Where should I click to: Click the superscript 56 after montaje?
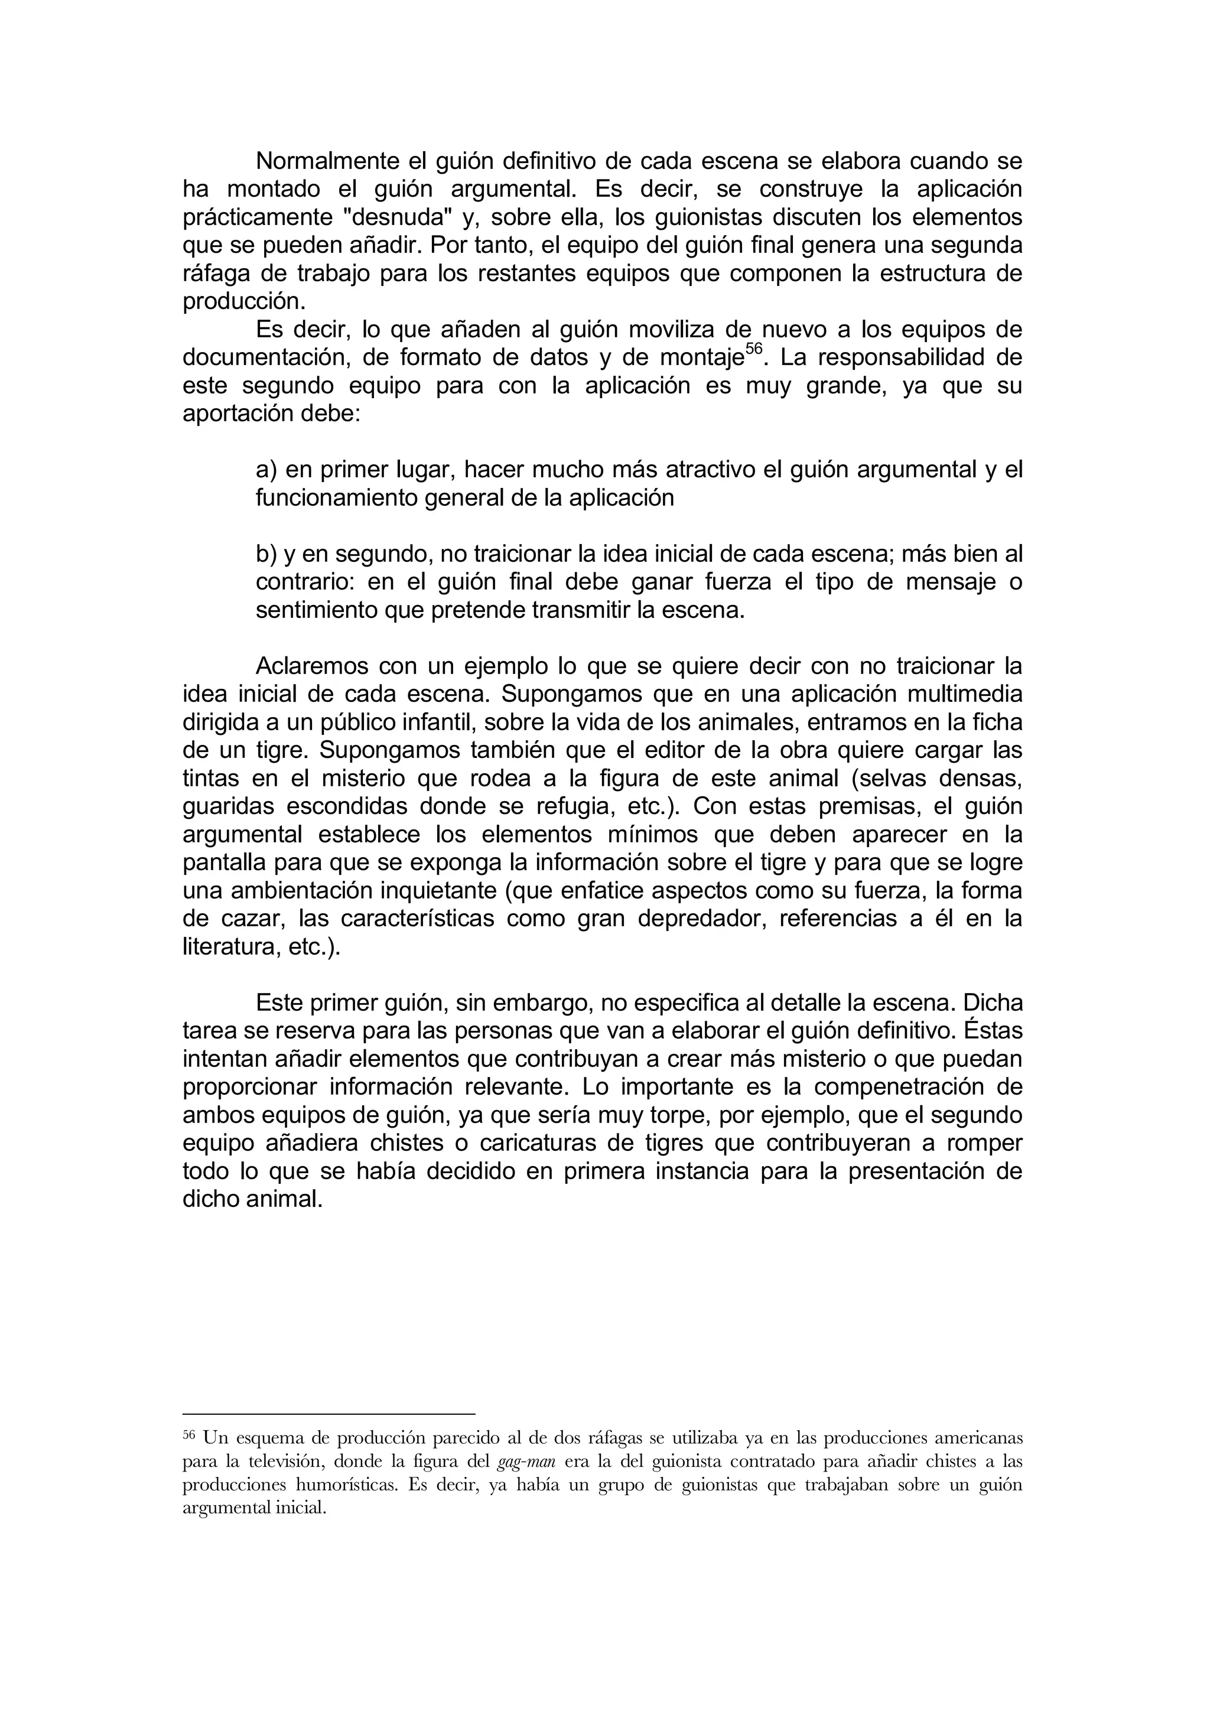[x=754, y=350]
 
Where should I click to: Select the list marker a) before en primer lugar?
[x=266, y=470]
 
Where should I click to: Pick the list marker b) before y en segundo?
[x=266, y=554]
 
